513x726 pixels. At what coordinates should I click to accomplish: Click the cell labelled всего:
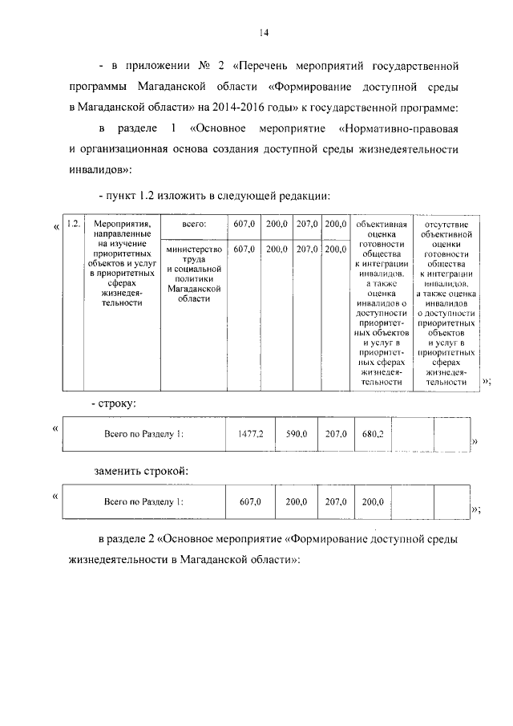pos(195,225)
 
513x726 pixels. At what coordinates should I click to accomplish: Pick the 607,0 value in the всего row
pos(244,225)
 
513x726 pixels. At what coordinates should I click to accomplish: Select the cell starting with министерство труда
pos(195,274)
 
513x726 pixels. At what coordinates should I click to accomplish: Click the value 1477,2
pos(250,434)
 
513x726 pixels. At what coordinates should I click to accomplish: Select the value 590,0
pos(297,434)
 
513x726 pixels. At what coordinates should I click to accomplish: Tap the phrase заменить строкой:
pos(143,470)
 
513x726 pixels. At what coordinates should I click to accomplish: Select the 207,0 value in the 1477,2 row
pos(335,434)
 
